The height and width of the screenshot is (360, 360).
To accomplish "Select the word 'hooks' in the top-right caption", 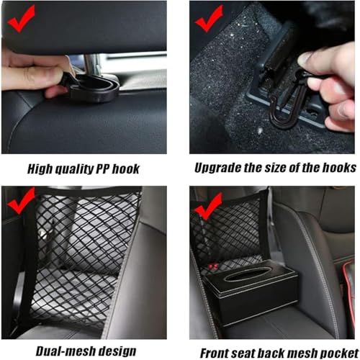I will [338, 168].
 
